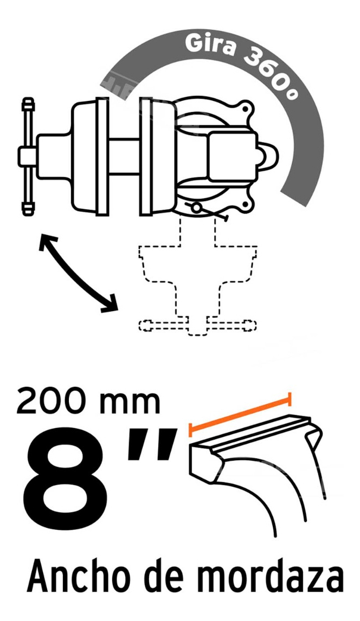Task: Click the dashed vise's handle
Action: (x=197, y=325)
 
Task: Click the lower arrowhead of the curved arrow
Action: (x=112, y=305)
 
